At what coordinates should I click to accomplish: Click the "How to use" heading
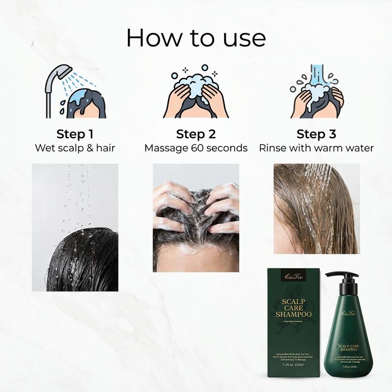click(x=196, y=38)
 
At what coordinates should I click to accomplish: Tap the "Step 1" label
click(x=75, y=134)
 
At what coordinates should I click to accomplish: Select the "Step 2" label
click(x=196, y=134)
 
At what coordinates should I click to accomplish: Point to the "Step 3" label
click(x=316, y=134)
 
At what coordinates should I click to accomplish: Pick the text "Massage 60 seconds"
click(x=196, y=147)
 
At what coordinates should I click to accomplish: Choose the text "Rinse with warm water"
click(x=317, y=147)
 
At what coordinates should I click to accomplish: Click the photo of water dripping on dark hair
click(x=75, y=227)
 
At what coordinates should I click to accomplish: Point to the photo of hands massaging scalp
click(x=196, y=218)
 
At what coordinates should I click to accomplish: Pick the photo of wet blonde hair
click(x=317, y=209)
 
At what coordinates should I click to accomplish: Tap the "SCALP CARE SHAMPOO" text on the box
click(x=291, y=307)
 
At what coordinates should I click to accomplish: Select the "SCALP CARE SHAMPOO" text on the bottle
click(x=349, y=349)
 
